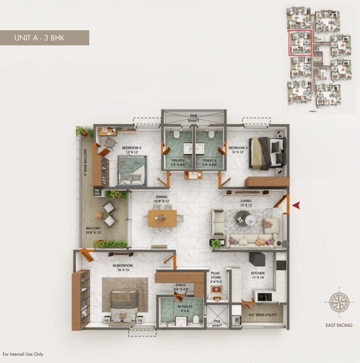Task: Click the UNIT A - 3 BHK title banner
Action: [44, 38]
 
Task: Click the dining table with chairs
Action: [162, 218]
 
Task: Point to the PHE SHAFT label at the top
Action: [194, 118]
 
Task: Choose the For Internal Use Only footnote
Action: [23, 354]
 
